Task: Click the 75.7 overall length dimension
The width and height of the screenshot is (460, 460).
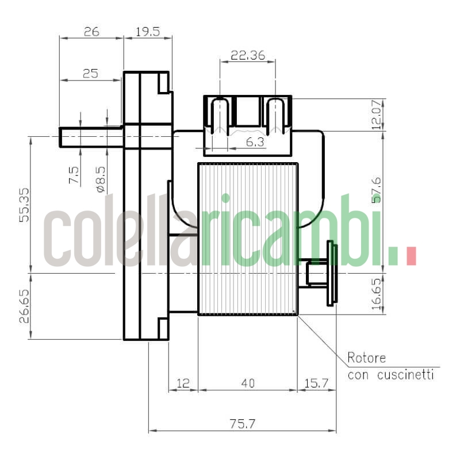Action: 242,424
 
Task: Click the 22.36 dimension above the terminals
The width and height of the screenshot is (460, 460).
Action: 247,55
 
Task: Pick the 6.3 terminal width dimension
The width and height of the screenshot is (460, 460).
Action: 255,142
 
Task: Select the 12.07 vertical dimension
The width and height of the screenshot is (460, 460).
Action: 377,114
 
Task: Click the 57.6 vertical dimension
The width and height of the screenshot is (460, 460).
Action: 377,190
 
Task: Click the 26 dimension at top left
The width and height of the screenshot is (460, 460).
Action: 91,32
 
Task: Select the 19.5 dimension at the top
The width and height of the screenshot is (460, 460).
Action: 148,32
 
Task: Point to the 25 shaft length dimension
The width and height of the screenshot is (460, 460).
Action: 90,74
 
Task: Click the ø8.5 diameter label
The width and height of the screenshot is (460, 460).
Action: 101,178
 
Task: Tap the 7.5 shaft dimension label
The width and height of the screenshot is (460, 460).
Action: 74,175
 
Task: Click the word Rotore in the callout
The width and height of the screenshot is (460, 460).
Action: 366,358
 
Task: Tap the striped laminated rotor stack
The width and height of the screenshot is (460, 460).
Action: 248,239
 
